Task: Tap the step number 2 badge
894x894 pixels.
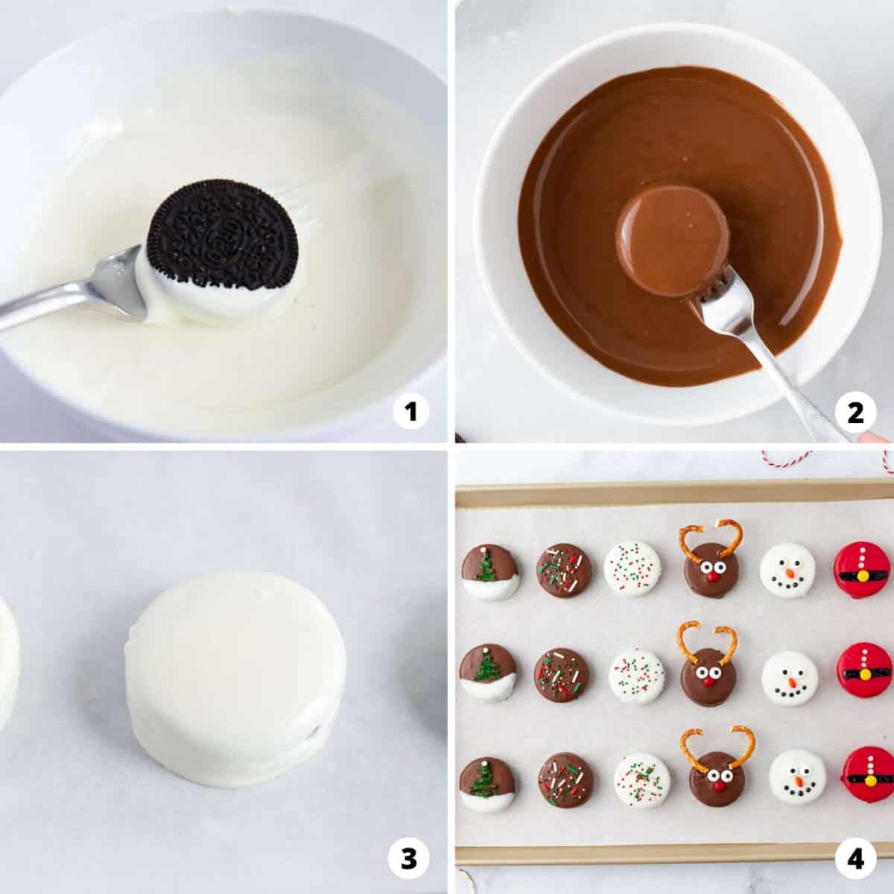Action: pos(855,413)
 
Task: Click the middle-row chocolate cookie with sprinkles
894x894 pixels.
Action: pos(562,674)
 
